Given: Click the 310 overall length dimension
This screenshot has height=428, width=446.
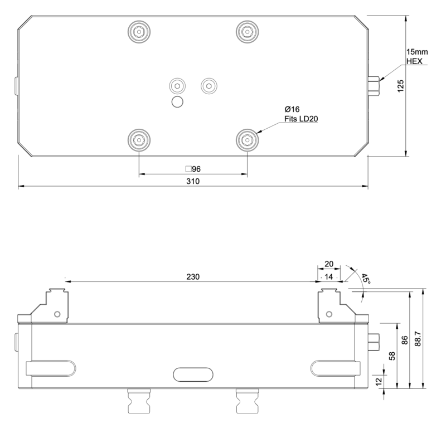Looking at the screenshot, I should click(x=193, y=181).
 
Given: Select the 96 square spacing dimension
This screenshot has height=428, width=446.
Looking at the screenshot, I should click(x=193, y=168).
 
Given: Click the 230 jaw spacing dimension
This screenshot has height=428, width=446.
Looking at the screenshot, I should click(x=193, y=276).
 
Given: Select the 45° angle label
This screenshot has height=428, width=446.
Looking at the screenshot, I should click(x=365, y=279).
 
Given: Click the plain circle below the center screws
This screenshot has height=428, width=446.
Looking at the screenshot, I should click(x=178, y=101).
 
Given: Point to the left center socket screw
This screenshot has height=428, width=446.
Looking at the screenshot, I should click(x=178, y=85).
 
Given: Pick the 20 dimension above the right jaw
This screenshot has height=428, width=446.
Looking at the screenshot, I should click(x=329, y=265).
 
